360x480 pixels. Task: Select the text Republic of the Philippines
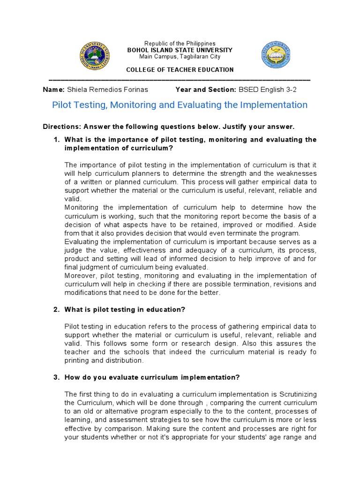(180, 44)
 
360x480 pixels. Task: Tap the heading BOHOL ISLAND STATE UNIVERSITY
(180, 50)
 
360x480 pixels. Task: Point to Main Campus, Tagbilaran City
(180, 57)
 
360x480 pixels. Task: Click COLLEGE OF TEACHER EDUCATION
(180, 70)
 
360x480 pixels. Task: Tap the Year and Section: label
(205, 90)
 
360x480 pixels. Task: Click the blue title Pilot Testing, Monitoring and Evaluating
(180, 105)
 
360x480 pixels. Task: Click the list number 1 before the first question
(56, 140)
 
